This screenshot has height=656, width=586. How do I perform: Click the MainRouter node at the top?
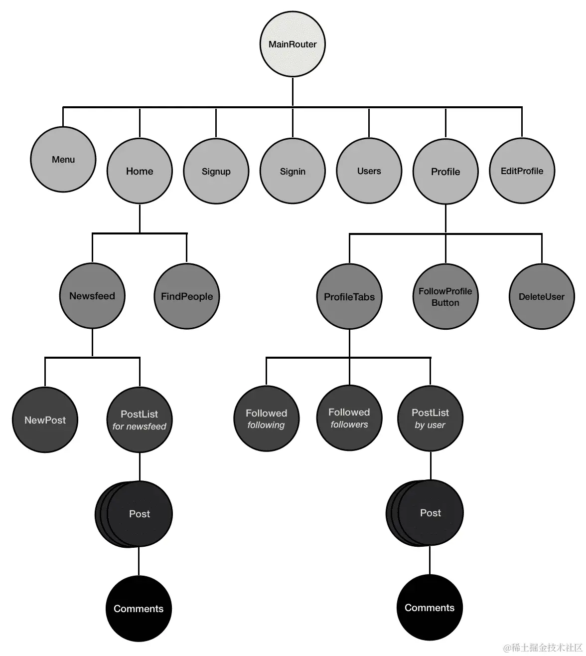pyautogui.click(x=293, y=44)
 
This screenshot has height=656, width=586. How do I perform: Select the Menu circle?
pyautogui.click(x=63, y=160)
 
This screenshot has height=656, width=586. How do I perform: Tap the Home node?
pyautogui.click(x=140, y=171)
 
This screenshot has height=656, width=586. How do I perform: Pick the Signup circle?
pyautogui.click(x=216, y=171)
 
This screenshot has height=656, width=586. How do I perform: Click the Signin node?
pyautogui.click(x=293, y=171)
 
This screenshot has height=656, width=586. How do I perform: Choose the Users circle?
pyautogui.click(x=369, y=171)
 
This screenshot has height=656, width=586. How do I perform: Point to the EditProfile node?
pyautogui.click(x=522, y=171)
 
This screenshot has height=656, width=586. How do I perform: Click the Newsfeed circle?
pyautogui.click(x=92, y=296)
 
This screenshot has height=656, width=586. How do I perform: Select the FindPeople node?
pyautogui.click(x=187, y=296)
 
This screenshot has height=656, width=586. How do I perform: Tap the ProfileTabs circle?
pyautogui.click(x=349, y=297)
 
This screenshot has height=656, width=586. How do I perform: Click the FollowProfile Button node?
pyautogui.click(x=445, y=297)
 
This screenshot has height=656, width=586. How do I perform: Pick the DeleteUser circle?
pyautogui.click(x=542, y=297)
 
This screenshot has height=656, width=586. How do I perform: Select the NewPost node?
pyautogui.click(x=45, y=420)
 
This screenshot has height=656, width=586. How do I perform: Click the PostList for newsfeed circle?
pyautogui.click(x=140, y=420)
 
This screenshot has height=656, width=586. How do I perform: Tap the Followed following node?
pyautogui.click(x=266, y=419)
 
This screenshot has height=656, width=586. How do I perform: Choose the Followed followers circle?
pyautogui.click(x=349, y=418)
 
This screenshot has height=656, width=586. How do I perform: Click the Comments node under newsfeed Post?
pyautogui.click(x=139, y=609)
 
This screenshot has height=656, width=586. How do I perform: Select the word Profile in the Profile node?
pyautogui.click(x=445, y=172)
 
